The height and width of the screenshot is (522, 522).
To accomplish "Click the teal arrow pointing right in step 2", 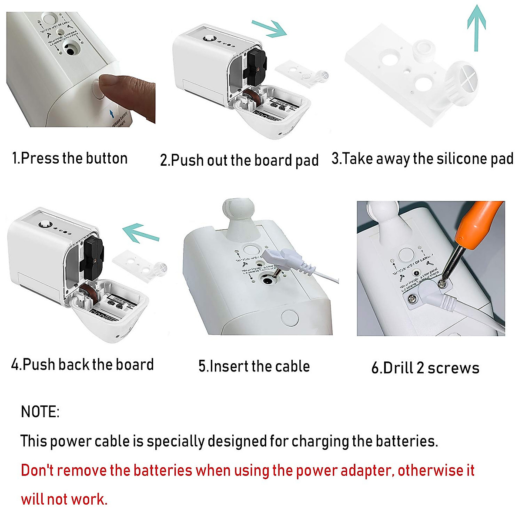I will (x=270, y=28).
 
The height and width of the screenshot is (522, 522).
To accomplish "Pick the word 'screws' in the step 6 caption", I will (x=453, y=368).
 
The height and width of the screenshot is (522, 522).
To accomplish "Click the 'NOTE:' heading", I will (x=40, y=412).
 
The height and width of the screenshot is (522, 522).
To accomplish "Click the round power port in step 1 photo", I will (x=70, y=50).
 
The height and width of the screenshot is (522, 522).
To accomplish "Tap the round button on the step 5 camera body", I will (x=290, y=318).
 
